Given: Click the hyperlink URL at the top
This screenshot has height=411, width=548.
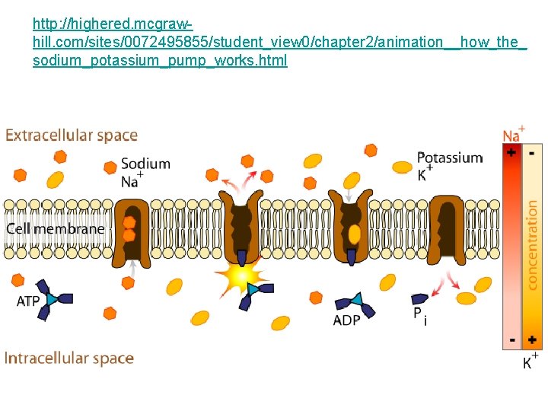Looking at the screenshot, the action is pos(274,43).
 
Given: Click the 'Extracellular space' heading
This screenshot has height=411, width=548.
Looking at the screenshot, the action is pos(72,136).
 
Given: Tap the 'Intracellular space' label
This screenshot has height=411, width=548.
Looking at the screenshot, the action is pos(69,358).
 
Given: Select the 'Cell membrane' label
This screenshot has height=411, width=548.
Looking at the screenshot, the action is pos(56,228).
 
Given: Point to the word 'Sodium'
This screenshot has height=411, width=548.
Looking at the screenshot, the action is pos(145,164).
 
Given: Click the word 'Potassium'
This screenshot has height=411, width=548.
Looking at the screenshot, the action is pos(449,158).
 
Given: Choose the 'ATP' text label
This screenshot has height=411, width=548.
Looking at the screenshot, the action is pos(28,301).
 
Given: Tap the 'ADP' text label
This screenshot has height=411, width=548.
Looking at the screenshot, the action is pos(346,320).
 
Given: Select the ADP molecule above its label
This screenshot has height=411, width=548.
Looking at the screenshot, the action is pos(355,304).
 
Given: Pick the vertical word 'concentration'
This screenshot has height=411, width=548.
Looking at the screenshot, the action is pos(532,244).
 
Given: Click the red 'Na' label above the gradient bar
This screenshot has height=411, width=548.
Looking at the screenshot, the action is pos(511,135).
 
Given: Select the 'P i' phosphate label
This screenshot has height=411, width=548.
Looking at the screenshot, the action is pos(419,315).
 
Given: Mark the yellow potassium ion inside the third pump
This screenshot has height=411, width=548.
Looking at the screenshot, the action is pos(354,234).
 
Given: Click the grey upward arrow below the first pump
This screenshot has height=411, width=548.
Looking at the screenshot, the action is pos(134,268).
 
